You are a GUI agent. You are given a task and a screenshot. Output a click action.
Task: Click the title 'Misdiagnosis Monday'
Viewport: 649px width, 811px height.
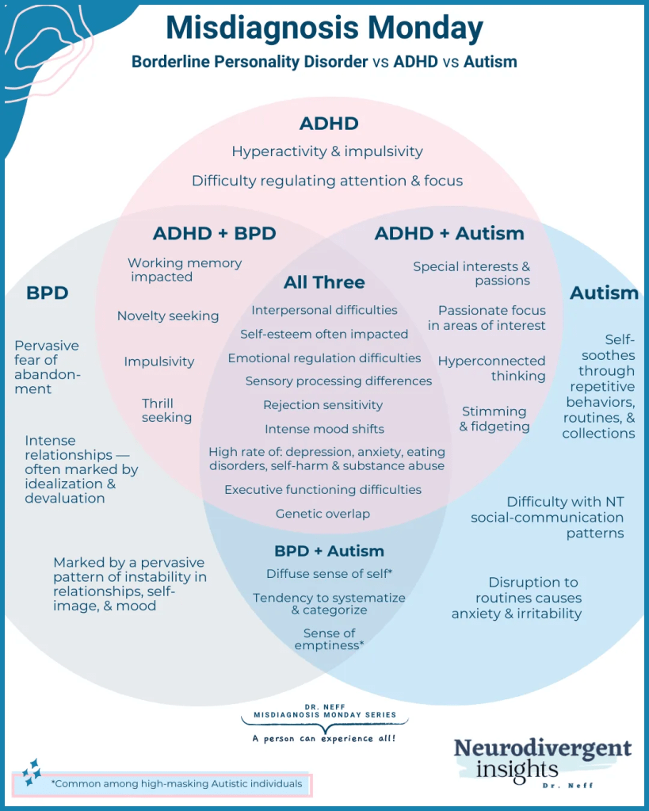[324, 29]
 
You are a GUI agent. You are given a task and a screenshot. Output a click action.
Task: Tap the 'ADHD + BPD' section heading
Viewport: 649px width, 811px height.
[214, 233]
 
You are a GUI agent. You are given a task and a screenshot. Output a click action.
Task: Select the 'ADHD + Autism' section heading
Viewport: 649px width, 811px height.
[449, 233]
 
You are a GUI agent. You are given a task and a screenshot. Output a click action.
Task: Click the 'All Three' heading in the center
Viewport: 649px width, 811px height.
[324, 282]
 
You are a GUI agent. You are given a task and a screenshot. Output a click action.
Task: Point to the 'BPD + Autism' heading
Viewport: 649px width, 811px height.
[329, 551]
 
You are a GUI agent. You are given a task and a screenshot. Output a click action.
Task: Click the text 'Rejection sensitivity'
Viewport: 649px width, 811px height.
[323, 405]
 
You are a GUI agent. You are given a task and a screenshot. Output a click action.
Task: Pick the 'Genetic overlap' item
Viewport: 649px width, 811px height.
[323, 514]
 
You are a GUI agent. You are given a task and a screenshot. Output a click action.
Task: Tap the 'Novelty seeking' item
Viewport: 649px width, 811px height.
[168, 316]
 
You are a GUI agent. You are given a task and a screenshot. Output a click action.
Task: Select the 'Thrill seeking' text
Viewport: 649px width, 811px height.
[166, 410]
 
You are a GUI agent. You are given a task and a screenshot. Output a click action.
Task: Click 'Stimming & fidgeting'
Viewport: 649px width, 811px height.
[495, 419]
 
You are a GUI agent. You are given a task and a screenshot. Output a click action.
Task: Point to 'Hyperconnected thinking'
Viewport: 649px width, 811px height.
[492, 368]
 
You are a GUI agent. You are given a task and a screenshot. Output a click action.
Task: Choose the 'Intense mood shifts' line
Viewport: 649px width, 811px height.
[324, 429]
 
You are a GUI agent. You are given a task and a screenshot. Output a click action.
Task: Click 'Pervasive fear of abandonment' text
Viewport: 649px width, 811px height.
[47, 367]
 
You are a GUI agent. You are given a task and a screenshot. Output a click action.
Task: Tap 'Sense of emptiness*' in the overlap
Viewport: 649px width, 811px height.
[329, 639]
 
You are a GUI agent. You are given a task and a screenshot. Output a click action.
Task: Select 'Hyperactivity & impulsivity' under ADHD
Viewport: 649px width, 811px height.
[327, 151]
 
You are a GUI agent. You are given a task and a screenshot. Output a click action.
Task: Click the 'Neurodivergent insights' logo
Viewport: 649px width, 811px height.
[542, 759]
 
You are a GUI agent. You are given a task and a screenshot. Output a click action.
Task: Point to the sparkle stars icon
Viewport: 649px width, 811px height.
[31, 771]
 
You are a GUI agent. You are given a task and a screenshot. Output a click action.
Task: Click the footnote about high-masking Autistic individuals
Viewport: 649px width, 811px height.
[176, 784]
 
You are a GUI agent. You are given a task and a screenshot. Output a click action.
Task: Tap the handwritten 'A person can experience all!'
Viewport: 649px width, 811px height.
[323, 739]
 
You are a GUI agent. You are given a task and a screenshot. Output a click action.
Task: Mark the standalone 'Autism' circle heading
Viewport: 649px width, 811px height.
[604, 293]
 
